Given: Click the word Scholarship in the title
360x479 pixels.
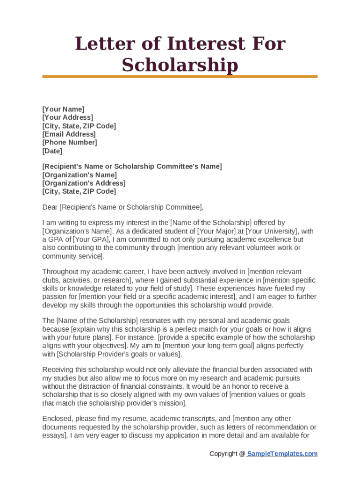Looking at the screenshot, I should click(180, 65).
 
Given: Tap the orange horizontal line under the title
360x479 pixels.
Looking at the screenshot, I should click(180, 77).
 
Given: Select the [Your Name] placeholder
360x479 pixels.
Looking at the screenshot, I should click(63, 109).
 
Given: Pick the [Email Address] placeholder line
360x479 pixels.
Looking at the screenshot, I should click(69, 134).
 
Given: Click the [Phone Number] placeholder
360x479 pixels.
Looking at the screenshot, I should click(70, 143).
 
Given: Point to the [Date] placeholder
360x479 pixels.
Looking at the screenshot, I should click(52, 151).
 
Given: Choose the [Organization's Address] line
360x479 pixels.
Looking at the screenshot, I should click(84, 183).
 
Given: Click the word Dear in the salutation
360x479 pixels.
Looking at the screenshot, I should click(50, 207).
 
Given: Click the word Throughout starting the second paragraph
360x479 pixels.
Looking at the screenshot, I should click(62, 272).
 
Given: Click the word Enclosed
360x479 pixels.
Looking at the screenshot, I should click(57, 419).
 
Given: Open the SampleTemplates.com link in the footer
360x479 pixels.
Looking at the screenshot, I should click(282, 454).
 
